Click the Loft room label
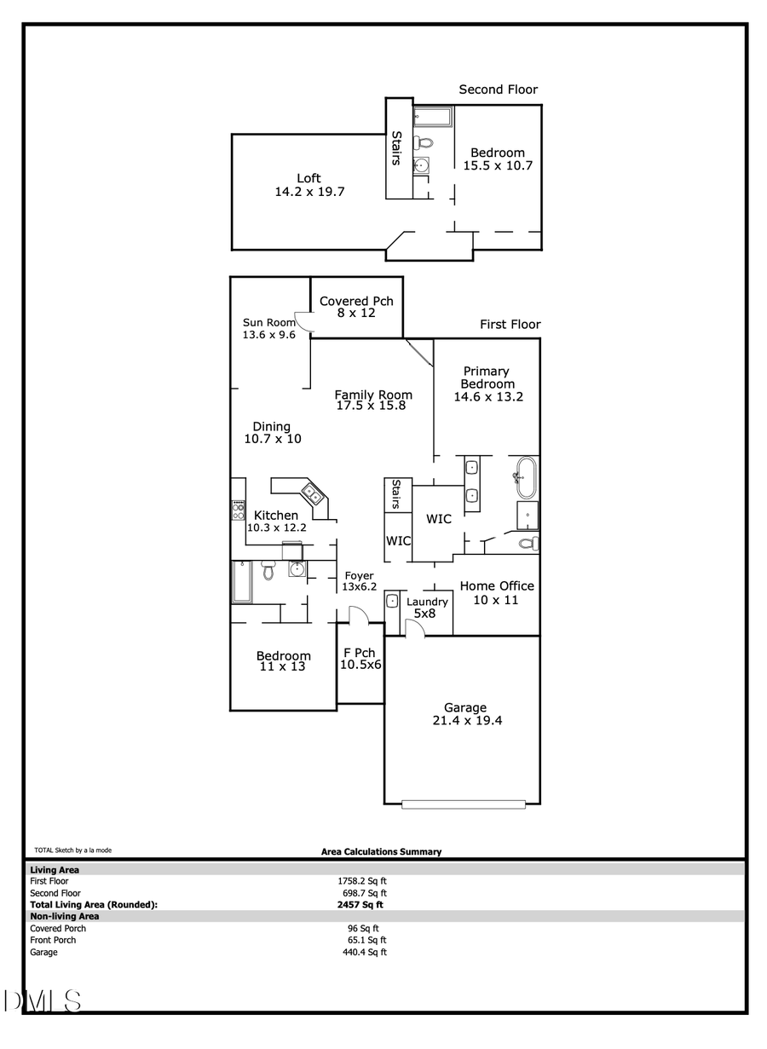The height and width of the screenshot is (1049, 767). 309,178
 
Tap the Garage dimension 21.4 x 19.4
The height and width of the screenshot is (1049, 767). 465,721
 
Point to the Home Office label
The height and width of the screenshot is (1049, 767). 497,586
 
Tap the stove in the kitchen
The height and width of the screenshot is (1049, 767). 239,510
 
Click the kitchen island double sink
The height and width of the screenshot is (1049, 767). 312,493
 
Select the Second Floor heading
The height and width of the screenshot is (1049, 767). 499,89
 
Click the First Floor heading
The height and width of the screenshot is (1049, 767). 510,325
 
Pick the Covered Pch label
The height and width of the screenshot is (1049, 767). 356,301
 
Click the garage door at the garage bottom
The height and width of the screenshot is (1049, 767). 464,804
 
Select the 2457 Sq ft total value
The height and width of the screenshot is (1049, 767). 360,905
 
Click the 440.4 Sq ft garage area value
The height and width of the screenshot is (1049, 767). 365,952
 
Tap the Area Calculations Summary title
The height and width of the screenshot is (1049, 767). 381,851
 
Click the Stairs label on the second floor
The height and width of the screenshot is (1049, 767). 397,147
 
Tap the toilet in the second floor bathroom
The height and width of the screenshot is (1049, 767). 423,142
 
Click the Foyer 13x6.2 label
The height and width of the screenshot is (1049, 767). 359,581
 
